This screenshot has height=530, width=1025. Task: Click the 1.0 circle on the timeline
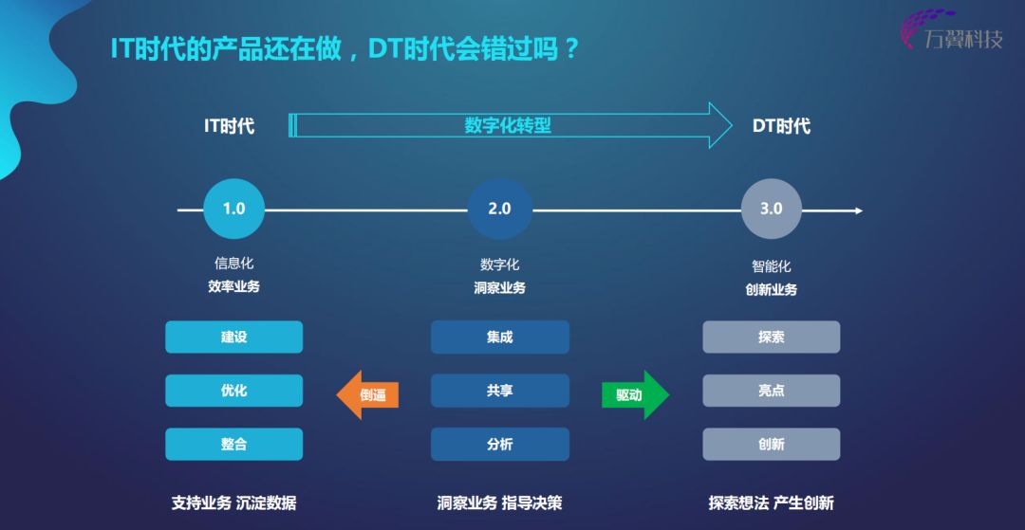pyautogui.click(x=234, y=209)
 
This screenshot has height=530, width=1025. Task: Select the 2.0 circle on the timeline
pyautogui.click(x=499, y=209)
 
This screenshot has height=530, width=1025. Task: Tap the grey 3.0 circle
pyautogui.click(x=772, y=209)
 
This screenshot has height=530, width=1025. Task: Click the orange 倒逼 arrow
pyautogui.click(x=367, y=394)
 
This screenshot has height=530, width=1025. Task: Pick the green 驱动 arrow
pyautogui.click(x=635, y=394)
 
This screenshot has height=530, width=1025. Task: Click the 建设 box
pyautogui.click(x=234, y=337)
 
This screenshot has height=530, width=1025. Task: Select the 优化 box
pyautogui.click(x=234, y=391)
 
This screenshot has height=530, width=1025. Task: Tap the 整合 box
pyautogui.click(x=234, y=444)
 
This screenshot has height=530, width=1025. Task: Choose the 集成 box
pyautogui.click(x=500, y=337)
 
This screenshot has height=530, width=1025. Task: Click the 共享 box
pyautogui.click(x=500, y=391)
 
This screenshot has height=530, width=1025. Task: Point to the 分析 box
pyautogui.click(x=500, y=444)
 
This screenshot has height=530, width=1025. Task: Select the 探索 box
pyautogui.click(x=772, y=337)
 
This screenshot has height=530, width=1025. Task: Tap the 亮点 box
pyautogui.click(x=772, y=391)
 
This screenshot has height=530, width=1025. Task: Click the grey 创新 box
pyautogui.click(x=772, y=444)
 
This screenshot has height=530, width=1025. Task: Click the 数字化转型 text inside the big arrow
pyautogui.click(x=508, y=125)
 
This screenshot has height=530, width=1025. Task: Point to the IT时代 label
pyautogui.click(x=230, y=125)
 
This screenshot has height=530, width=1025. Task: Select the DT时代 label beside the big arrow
pyautogui.click(x=781, y=125)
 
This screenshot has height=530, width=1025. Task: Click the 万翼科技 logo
pyautogui.click(x=952, y=29)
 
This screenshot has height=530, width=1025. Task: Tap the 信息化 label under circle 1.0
pyautogui.click(x=234, y=264)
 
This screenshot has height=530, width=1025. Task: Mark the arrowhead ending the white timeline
pyautogui.click(x=858, y=210)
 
